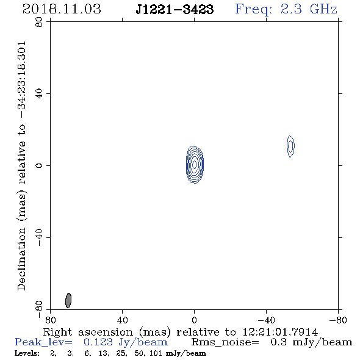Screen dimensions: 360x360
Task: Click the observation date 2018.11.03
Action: pyautogui.click(x=62, y=9)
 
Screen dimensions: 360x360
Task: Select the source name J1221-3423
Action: pyautogui.click(x=175, y=9)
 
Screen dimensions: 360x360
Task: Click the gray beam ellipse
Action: pyautogui.click(x=68, y=300)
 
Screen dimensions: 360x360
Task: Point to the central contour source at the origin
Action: pyautogui.click(x=195, y=164)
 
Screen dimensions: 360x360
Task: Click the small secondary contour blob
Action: pyautogui.click(x=290, y=146)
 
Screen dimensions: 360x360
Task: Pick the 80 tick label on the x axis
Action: pyautogui.click(x=50, y=320)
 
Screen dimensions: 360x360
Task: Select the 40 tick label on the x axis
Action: pyautogui.click(x=122, y=320)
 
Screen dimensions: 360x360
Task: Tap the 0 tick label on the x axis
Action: pyautogui.click(x=194, y=320)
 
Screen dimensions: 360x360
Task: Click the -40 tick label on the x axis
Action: pyautogui.click(x=266, y=320)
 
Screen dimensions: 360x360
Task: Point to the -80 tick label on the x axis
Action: pyautogui.click(x=338, y=320)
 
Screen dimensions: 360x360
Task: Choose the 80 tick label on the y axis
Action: pyautogui.click(x=39, y=22)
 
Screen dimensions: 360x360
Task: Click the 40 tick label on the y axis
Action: pyautogui.click(x=39, y=94)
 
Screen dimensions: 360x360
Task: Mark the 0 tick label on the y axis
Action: pyautogui.click(x=39, y=165)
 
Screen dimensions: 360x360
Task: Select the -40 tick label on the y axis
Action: pyautogui.click(x=39, y=237)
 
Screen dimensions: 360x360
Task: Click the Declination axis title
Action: pyautogui.click(x=21, y=166)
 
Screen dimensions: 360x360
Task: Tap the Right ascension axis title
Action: pyautogui.click(x=181, y=332)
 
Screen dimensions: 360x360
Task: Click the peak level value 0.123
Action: pyautogui.click(x=98, y=342)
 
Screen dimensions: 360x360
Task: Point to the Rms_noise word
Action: pyautogui.click(x=225, y=342)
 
